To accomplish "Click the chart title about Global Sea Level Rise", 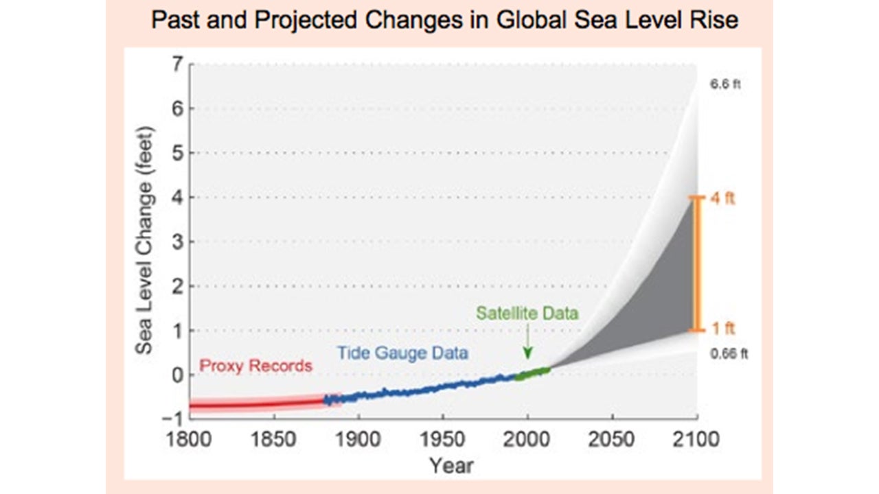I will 444,20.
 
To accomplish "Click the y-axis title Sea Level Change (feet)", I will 144,239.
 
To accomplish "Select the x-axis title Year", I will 451,465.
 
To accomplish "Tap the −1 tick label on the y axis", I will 174,417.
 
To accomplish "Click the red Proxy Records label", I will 255,366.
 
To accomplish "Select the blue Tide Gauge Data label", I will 402,353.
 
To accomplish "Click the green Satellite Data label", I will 528,313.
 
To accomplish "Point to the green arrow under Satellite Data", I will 527,343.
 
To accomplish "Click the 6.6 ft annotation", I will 725,86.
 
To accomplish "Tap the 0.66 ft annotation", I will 729,354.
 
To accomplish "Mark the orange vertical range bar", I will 698,264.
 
